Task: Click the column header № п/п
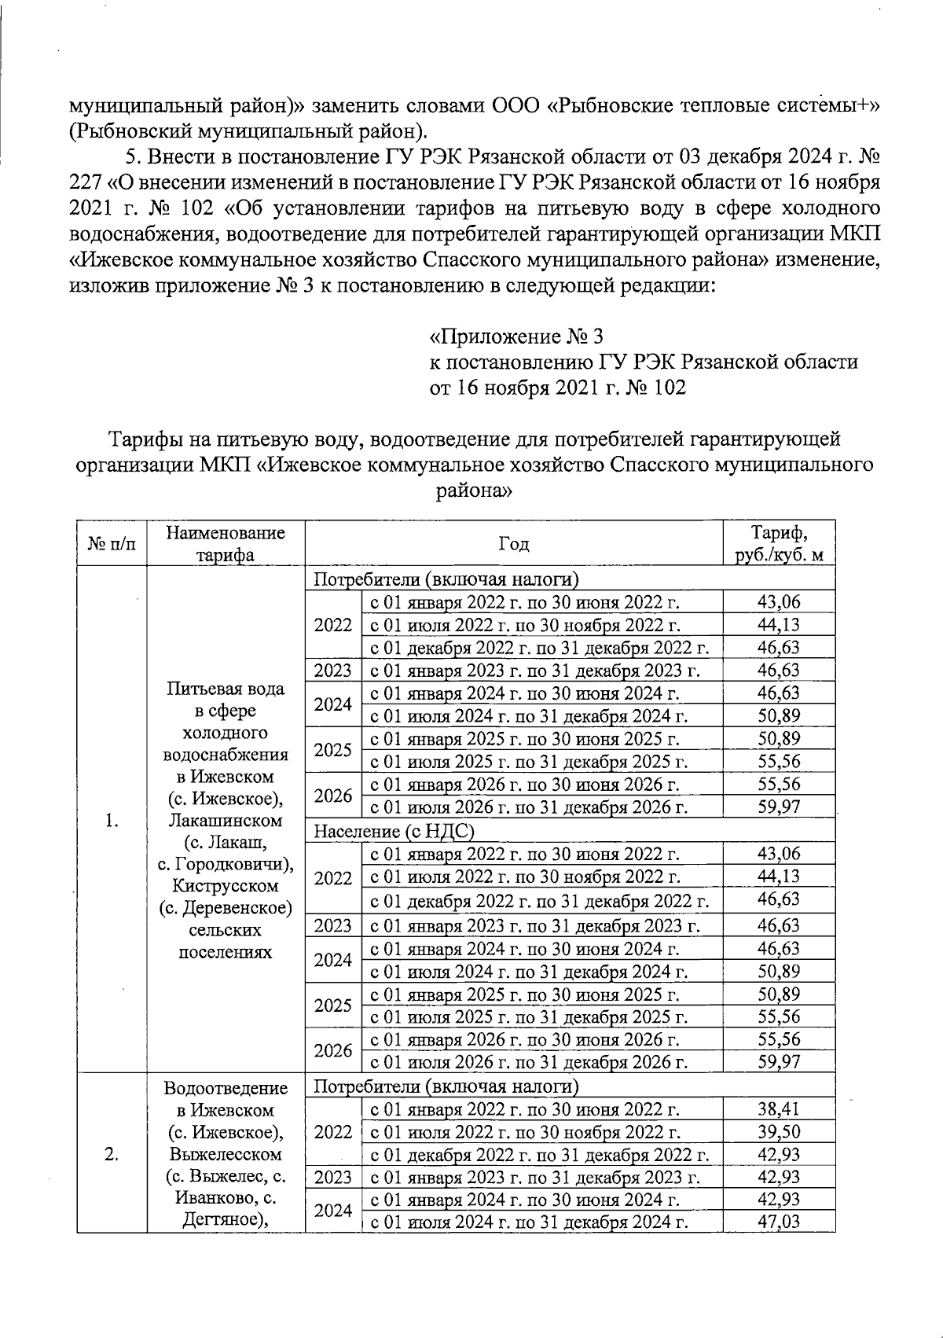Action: tap(111, 544)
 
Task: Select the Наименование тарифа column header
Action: tap(225, 543)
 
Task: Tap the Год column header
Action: tap(513, 544)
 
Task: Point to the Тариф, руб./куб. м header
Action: tap(778, 543)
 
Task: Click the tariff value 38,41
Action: tap(778, 1109)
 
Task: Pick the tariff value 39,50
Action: tap(778, 1132)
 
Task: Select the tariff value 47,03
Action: tap(778, 1222)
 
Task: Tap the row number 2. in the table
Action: tap(111, 1154)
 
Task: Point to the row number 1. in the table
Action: tap(111, 821)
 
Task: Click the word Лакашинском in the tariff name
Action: tap(225, 821)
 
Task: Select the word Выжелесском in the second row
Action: tap(225, 1155)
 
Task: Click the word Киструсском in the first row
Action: tap(225, 886)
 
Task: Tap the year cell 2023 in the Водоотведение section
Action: tap(332, 1178)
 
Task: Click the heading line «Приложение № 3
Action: tap(516, 337)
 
